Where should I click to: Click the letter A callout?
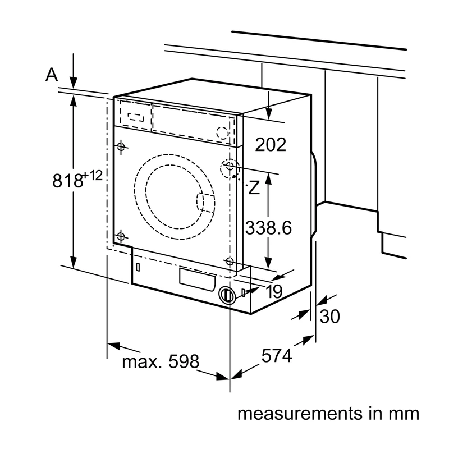pyautogui.click(x=52, y=75)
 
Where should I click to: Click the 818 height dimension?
pyautogui.click(x=67, y=181)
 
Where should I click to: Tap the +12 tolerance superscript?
pyautogui.click(x=92, y=175)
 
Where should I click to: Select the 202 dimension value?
pyautogui.click(x=271, y=145)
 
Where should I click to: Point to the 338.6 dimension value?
pyautogui.click(x=268, y=228)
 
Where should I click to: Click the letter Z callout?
pyautogui.click(x=254, y=188)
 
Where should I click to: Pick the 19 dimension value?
pyautogui.click(x=274, y=291)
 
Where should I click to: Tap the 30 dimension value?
pyautogui.click(x=329, y=317)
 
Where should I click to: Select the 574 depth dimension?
pyautogui.click(x=277, y=355)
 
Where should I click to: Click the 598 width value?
pyautogui.click(x=184, y=361)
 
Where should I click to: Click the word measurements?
pyautogui.click(x=300, y=414)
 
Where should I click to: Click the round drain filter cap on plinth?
pyautogui.click(x=227, y=295)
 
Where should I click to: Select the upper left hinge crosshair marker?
pyautogui.click(x=121, y=147)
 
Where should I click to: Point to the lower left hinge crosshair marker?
pyautogui.click(x=121, y=236)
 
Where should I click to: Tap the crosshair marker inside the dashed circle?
pyautogui.click(x=230, y=165)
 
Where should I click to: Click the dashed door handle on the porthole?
pyautogui.click(x=205, y=203)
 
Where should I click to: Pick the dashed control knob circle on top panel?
pyautogui.click(x=222, y=133)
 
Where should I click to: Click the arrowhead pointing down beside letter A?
pyautogui.click(x=74, y=83)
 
